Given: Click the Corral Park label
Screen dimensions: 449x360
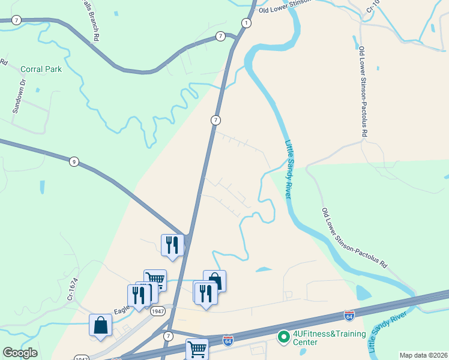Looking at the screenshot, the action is [41, 70].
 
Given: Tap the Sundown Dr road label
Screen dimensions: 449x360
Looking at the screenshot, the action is [17, 96].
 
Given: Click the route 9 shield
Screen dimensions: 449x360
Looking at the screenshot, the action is [73, 161].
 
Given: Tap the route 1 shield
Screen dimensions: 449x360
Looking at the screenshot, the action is [246, 23].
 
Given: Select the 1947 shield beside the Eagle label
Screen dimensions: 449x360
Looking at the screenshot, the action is [158, 311].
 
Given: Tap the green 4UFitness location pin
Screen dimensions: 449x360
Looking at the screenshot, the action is [283, 338].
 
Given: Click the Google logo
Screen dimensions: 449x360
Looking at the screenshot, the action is [20, 353].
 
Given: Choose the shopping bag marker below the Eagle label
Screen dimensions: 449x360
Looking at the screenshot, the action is [101, 325].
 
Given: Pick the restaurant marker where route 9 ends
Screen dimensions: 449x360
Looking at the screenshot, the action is [172, 245].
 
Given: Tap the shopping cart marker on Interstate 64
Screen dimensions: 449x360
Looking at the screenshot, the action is [197, 349].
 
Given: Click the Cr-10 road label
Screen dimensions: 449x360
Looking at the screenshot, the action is [373, 7].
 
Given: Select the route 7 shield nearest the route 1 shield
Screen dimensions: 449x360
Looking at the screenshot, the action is [220, 37].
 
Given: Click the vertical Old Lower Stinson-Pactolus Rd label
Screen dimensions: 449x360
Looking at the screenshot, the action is [363, 91].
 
